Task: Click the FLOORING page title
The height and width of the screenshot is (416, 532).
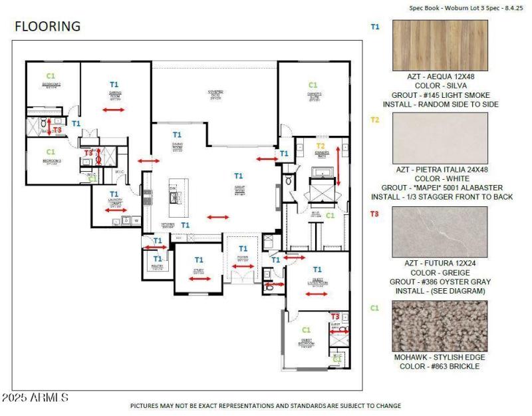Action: (48, 27)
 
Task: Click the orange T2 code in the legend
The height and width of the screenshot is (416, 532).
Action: (374, 120)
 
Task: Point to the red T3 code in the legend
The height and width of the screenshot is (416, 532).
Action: (374, 214)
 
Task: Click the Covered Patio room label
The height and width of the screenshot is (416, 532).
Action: (214, 93)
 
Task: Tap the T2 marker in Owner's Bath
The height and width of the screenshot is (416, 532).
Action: (321, 146)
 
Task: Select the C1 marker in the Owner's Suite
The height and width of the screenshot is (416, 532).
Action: (313, 85)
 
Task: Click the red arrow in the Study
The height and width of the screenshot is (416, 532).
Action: (199, 279)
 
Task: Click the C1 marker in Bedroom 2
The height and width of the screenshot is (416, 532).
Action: (51, 76)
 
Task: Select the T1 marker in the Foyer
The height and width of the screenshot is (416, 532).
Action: (243, 248)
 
